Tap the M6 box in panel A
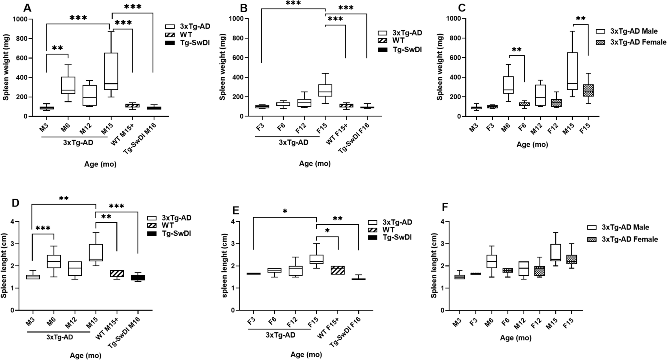pyautogui.click(x=68, y=85)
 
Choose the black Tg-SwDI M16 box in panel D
pyautogui.click(x=137, y=277)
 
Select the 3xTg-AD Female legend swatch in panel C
pyautogui.click(x=600, y=42)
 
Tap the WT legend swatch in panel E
pyautogui.click(x=373, y=230)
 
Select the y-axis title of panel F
pyautogui.click(x=434, y=266)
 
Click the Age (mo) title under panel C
pyautogui.click(x=532, y=144)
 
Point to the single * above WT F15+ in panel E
pyautogui.click(x=327, y=231)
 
